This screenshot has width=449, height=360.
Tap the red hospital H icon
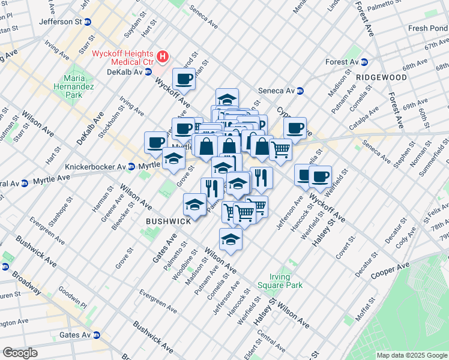tap(163, 58)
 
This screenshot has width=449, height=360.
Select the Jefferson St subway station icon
tap(88, 22)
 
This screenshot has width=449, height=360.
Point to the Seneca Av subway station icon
tap(300, 91)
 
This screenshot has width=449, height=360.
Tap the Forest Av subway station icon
tap(364, 62)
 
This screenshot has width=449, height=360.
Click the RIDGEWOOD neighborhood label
tap(381, 77)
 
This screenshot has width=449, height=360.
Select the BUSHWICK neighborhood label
tap(168, 221)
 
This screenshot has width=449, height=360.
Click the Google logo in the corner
tap(20, 352)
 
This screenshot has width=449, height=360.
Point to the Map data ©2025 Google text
tap(412, 355)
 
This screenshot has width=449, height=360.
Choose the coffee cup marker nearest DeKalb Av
tap(184, 79)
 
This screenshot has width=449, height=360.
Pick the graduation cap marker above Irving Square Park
tap(231, 239)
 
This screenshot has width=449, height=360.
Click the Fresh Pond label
tap(427, 28)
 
